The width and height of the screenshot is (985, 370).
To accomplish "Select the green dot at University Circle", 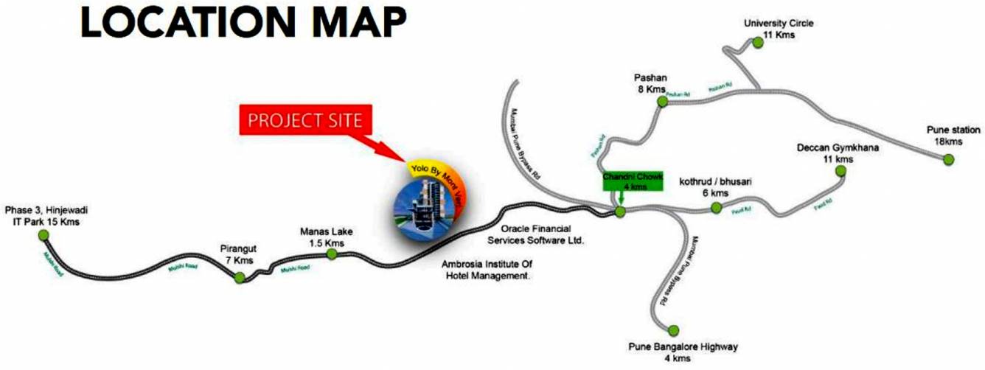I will coord(757,43).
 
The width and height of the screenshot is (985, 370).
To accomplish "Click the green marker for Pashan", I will coord(662,102).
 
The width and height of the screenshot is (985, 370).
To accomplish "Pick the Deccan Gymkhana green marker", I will coord(840,172).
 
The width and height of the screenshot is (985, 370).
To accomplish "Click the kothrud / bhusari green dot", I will coord(715,209).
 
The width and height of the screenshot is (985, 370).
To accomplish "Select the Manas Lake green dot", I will coord(332,254).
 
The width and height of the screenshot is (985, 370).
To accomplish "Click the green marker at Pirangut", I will coord(239,278).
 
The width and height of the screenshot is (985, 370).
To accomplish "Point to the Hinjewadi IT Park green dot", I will coord(43,235).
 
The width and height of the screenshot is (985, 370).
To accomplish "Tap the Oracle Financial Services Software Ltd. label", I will coord(536,234).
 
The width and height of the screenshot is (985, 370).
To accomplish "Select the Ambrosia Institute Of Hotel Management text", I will coord(487,270).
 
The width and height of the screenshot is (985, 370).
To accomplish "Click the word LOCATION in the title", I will coord(193,24).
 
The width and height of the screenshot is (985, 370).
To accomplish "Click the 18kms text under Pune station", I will coord(944,141).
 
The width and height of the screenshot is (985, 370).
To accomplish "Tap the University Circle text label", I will coord(779,24).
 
